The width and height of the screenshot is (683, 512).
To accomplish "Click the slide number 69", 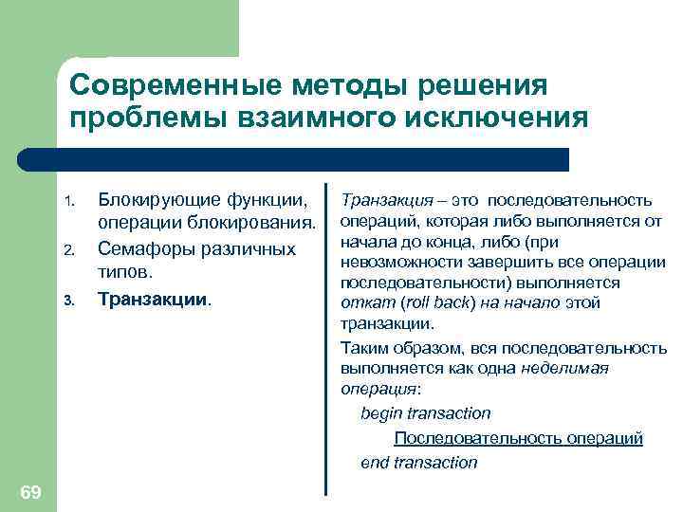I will [29, 491].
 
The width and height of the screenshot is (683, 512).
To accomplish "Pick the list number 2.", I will [68, 251].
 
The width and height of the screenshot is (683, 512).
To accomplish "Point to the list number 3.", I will [68, 302].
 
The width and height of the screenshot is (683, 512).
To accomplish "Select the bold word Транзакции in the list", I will [153, 299].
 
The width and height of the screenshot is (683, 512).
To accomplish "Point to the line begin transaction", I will [426, 413].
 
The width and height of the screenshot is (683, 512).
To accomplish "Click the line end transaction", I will [419, 463].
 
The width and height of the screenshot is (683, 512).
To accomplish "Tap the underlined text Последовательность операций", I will [518, 438].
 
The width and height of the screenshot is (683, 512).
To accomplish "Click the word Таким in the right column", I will [361, 347].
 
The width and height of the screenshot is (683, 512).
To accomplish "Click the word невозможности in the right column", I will [395, 263].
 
